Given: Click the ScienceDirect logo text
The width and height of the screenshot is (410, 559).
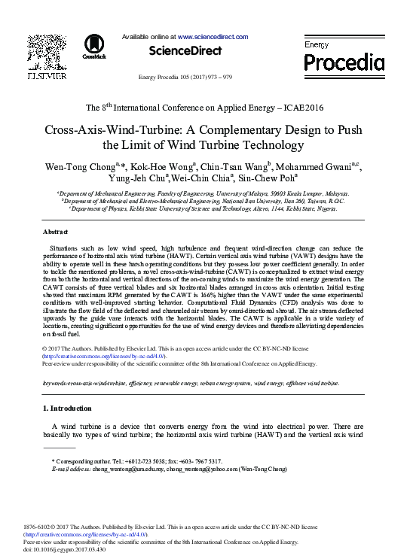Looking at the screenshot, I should (185, 50).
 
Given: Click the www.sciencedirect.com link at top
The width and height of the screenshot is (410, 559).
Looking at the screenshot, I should (213, 36).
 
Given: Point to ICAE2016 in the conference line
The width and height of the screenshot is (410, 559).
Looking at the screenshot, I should (299, 108).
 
